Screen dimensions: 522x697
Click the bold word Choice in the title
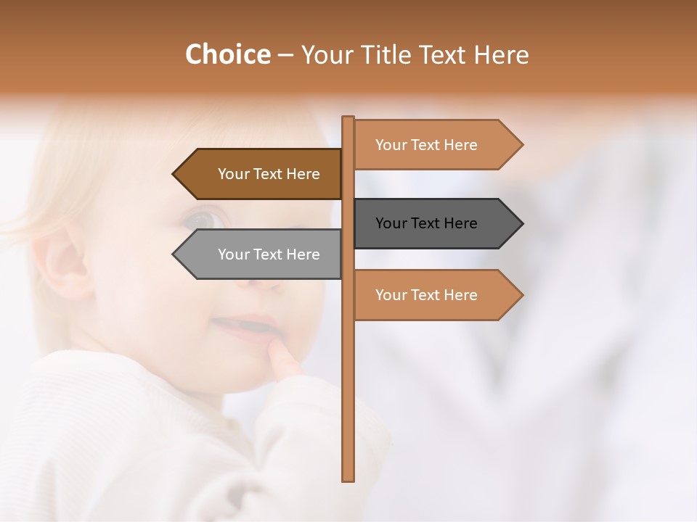(x=227, y=54)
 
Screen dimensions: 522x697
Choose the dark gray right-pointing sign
(x=428, y=223)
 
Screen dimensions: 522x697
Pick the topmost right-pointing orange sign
(x=428, y=145)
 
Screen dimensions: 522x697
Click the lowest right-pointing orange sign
(x=428, y=295)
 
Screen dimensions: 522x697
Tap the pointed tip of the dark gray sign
(x=521, y=223)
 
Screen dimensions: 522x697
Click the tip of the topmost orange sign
(x=521, y=145)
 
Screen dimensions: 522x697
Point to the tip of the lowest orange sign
(x=521, y=295)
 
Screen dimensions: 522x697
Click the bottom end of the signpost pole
(x=348, y=478)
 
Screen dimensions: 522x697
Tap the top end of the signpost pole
(x=348, y=119)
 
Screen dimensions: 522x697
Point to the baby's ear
(x=62, y=261)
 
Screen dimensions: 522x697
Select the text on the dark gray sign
(x=426, y=223)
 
